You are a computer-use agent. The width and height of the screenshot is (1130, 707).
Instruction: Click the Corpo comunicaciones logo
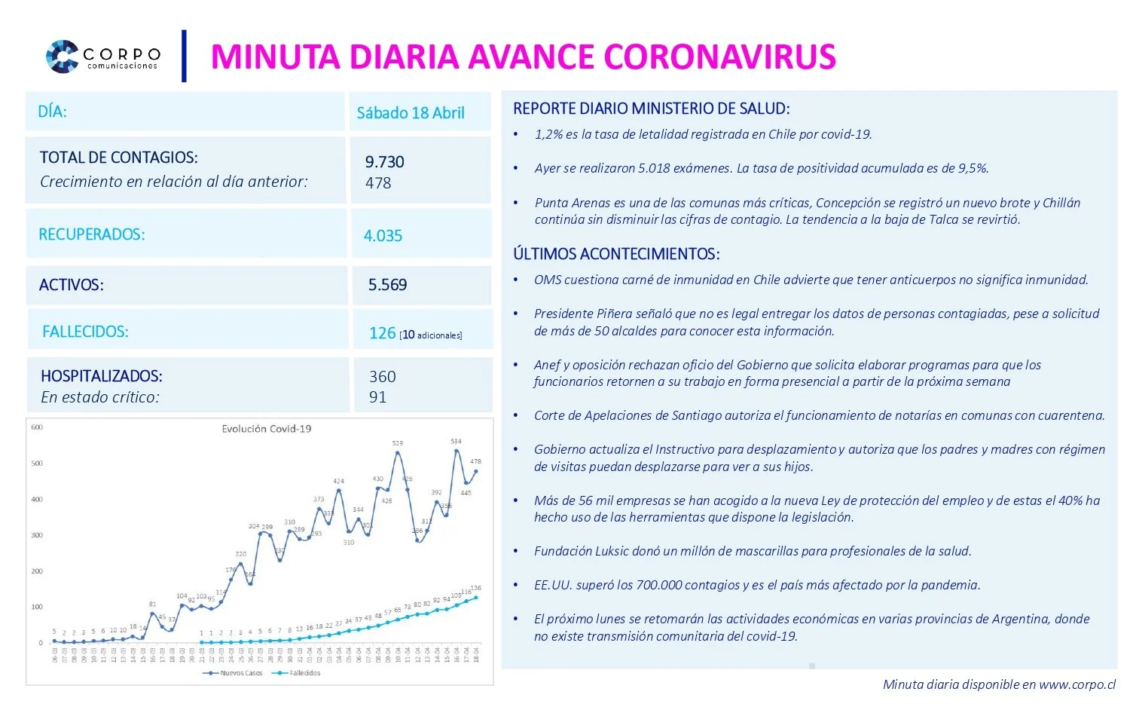click(x=103, y=57)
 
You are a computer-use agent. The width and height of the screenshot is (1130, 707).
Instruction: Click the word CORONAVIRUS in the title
click(x=719, y=57)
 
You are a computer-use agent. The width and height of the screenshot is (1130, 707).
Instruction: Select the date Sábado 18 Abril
click(x=411, y=113)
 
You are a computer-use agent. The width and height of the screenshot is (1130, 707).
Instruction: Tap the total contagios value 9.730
click(x=384, y=162)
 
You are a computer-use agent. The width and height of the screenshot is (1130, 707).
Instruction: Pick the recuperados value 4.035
click(x=383, y=236)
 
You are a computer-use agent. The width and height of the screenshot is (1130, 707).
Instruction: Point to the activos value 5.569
click(x=387, y=285)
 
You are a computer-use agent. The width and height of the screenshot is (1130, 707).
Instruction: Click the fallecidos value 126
click(x=382, y=333)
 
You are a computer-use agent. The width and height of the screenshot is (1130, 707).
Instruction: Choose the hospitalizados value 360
click(x=382, y=377)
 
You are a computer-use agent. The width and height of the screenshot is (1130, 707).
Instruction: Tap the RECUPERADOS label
click(x=92, y=234)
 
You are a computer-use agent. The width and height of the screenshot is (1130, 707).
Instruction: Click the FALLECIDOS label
click(x=85, y=332)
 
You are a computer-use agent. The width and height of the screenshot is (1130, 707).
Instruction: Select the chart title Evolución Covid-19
click(x=266, y=429)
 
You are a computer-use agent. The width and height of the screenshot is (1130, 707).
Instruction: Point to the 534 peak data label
click(x=456, y=441)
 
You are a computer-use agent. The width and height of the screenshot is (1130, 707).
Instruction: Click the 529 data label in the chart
click(x=398, y=443)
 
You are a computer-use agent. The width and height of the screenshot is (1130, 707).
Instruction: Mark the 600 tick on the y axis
click(x=37, y=427)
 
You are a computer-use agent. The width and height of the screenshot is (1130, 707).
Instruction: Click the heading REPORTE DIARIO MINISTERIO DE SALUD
click(x=651, y=109)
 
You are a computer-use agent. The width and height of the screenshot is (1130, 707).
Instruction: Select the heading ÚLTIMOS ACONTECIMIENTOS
click(x=616, y=254)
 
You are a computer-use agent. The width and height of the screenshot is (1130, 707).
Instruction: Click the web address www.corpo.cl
click(x=1077, y=684)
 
